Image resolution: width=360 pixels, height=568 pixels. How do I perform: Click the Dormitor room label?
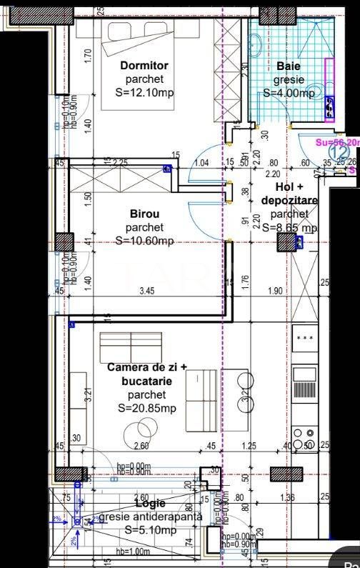click(x=144, y=66)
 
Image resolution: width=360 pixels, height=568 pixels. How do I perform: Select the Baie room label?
click(x=289, y=66)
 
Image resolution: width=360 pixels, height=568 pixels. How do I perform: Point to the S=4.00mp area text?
click(x=289, y=93)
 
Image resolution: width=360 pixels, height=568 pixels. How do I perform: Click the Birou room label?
click(x=144, y=214)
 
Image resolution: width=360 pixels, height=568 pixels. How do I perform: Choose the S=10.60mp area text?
click(x=144, y=241)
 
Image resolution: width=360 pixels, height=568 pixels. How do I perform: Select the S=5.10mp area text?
click(x=150, y=530)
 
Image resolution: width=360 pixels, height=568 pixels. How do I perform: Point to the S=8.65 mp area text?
click(x=289, y=227)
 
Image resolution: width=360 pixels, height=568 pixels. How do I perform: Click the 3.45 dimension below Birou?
click(x=146, y=291)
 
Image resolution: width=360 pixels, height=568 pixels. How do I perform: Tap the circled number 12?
click(x=339, y=151)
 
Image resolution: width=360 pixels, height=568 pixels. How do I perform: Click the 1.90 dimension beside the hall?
click(x=276, y=291)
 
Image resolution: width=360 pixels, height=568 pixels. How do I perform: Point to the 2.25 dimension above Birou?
click(x=119, y=163)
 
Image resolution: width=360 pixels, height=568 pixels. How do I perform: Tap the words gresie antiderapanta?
click(x=151, y=517)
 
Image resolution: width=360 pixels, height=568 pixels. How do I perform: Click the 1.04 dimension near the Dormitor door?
click(x=201, y=163)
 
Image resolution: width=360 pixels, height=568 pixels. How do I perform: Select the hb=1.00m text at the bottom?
click(x=134, y=552)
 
